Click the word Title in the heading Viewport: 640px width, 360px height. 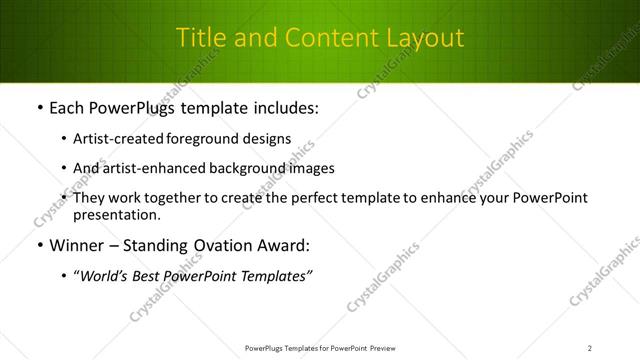point(198,38)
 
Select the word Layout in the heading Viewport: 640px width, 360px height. point(426,38)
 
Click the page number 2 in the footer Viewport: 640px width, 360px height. point(590,348)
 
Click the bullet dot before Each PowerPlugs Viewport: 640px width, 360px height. point(38,107)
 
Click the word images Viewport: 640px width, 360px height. point(312,168)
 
